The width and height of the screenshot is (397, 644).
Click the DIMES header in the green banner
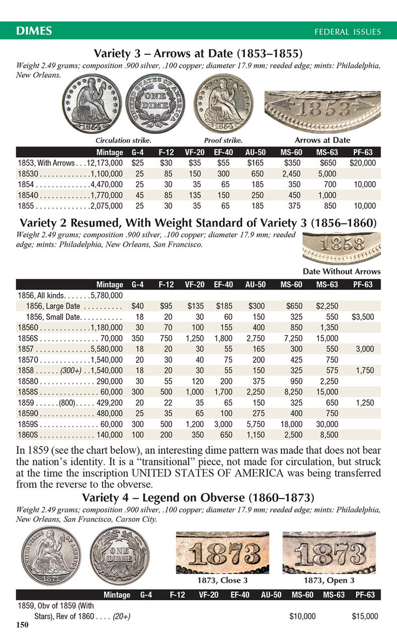pos(34,31)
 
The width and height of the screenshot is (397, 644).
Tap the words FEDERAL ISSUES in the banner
pos(348,32)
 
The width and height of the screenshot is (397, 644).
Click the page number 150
pos(22,625)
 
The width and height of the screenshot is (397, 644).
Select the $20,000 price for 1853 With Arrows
pos(363,163)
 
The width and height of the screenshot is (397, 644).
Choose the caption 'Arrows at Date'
pos(323,140)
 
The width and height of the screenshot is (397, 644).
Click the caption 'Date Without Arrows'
pos(342,272)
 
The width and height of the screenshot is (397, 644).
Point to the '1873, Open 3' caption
pos(329,580)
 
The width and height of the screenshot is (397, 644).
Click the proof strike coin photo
pos(223,104)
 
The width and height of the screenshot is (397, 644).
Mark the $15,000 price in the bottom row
pos(365,616)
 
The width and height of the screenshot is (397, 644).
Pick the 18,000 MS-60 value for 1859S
pos(291,424)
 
